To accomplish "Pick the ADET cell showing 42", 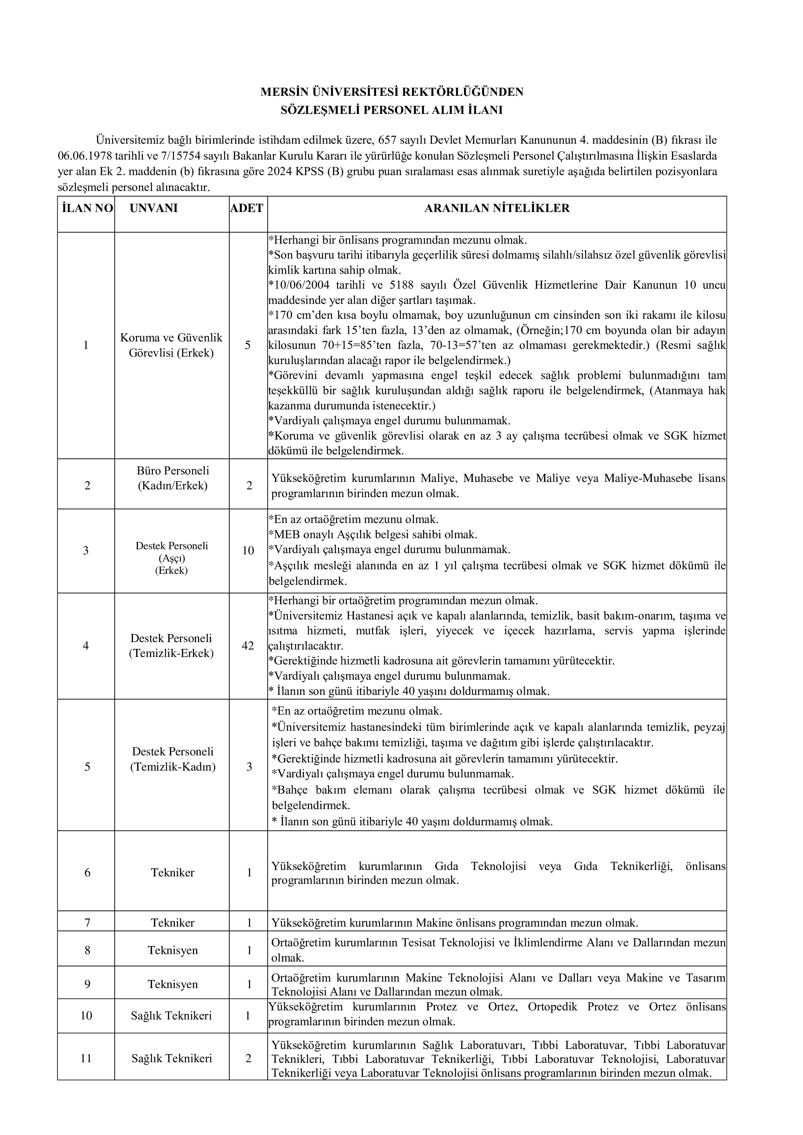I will click(248, 646).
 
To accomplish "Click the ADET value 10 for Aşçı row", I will click(248, 551).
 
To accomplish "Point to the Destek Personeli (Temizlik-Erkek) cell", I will click(172, 646).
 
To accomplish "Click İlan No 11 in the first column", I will click(86, 1058).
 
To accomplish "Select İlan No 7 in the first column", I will click(87, 922).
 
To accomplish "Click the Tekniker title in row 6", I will click(173, 873).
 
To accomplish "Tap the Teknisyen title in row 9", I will click(173, 984).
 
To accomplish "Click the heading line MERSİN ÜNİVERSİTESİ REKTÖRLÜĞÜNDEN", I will click(391, 92).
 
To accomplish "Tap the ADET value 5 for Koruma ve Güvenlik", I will click(248, 345).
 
